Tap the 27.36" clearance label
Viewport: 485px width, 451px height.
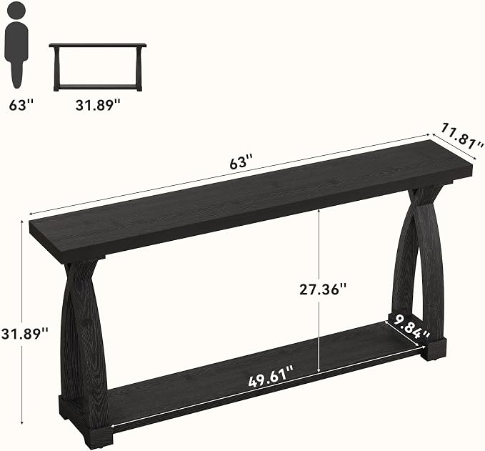click(x=322, y=289)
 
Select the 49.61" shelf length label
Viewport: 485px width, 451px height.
click(x=271, y=377)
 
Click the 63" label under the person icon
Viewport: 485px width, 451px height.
click(x=21, y=105)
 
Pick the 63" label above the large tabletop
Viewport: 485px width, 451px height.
click(x=241, y=162)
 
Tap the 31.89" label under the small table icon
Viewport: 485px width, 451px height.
click(x=98, y=105)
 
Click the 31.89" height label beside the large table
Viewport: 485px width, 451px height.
click(x=25, y=334)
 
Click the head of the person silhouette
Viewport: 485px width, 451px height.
click(x=16, y=11)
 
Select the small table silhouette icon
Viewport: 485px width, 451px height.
click(x=98, y=67)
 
